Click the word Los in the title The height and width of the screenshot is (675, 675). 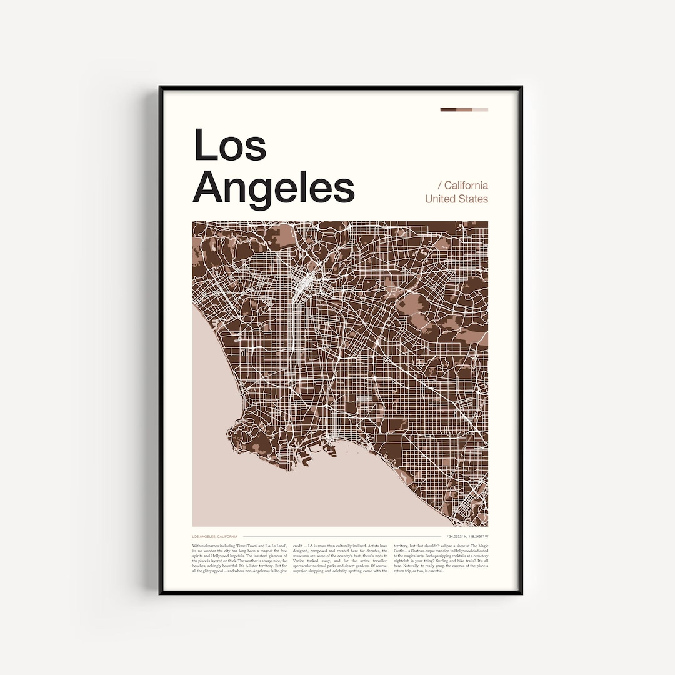coord(230,145)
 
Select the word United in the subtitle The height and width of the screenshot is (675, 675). coord(440,199)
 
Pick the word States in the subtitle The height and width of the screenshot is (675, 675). coord(474,199)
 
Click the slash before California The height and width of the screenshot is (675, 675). coord(439,186)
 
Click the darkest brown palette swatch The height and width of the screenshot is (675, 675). coord(448,110)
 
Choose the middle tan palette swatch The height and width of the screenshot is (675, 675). coord(464,110)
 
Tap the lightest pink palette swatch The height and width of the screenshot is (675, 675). coord(480,110)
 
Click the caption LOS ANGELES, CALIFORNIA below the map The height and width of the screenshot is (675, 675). coord(214,537)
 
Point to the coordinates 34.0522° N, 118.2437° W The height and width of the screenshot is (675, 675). coord(468,537)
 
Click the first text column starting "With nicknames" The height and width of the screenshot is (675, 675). coord(239,558)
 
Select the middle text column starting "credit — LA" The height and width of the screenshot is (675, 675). coord(340,558)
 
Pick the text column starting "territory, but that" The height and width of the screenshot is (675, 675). coord(441,558)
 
